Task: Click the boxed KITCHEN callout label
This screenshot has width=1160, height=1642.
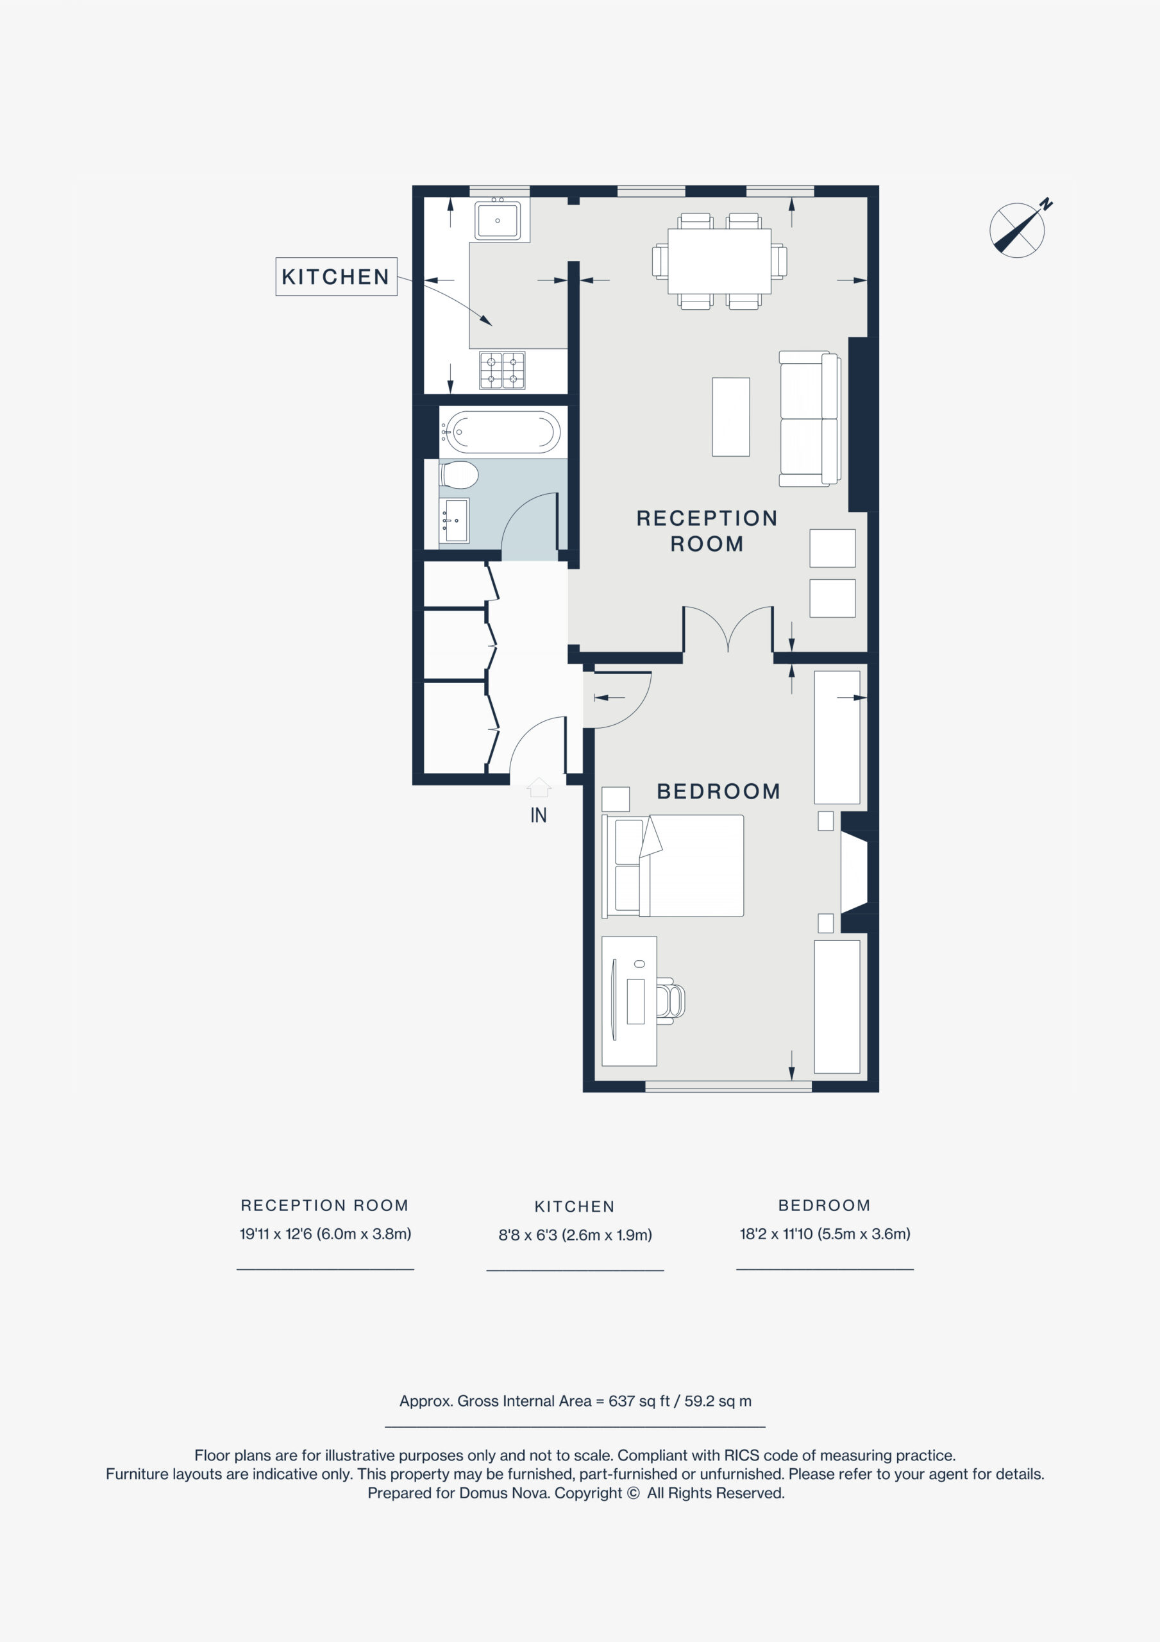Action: pyautogui.click(x=336, y=276)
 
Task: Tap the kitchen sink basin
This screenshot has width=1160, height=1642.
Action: pyautogui.click(x=498, y=219)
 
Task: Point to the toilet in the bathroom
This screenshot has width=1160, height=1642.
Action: pyautogui.click(x=458, y=473)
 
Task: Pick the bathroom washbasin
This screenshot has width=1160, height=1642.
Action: pyautogui.click(x=454, y=521)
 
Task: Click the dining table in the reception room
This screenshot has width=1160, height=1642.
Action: pyautogui.click(x=719, y=261)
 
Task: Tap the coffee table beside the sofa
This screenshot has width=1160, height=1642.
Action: pyautogui.click(x=731, y=417)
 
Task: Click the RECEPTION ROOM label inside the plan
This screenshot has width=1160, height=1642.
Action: pyautogui.click(x=707, y=530)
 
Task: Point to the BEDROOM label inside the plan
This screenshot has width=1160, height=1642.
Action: pyautogui.click(x=719, y=791)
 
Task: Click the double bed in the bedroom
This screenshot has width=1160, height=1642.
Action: pyautogui.click(x=673, y=865)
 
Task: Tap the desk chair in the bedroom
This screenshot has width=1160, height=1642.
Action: pyautogui.click(x=670, y=1000)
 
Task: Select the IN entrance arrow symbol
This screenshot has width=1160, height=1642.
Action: pyautogui.click(x=539, y=788)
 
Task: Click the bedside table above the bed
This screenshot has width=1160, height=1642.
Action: pyautogui.click(x=616, y=799)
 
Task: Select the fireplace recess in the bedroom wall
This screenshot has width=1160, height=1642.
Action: pyautogui.click(x=854, y=872)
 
